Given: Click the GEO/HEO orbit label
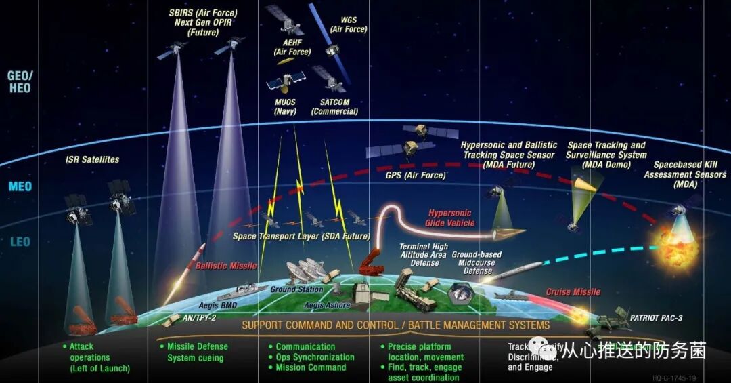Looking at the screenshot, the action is (19, 82).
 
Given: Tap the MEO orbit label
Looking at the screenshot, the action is (20, 186).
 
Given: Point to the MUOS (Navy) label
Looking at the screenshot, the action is (285, 106).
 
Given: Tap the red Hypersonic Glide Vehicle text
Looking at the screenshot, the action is (450, 218).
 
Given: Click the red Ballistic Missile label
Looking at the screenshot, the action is (226, 266).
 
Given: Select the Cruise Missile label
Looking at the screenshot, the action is (573, 292).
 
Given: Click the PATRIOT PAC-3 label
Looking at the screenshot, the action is (657, 317).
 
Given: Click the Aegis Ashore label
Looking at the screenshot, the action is (327, 306).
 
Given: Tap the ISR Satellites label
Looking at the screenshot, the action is (93, 160).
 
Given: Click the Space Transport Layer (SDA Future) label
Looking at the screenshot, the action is (301, 237).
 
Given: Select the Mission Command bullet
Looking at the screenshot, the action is (310, 368).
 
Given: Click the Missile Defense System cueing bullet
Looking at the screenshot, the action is (197, 352).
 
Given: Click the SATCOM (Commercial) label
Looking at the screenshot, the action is (334, 106).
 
